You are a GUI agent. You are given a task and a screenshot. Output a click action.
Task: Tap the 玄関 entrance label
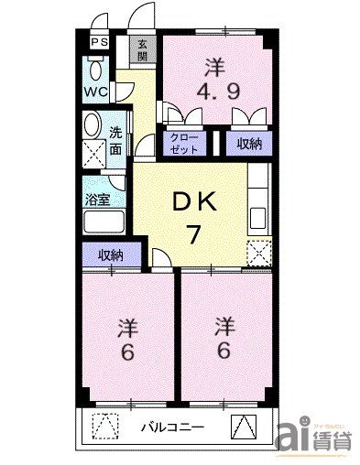tap(143, 48)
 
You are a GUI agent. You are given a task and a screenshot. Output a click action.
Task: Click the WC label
tap(98, 92)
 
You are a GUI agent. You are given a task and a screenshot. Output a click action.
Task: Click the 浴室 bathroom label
tap(99, 200)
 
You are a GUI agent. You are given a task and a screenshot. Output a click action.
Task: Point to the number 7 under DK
tap(194, 234)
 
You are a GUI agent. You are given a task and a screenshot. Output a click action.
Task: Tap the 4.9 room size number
tap(214, 92)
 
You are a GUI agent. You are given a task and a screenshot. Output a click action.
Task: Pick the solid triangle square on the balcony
tap(244, 427)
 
